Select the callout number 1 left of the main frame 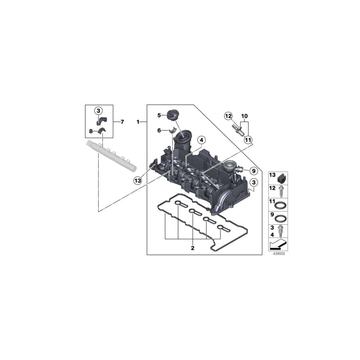click(x=138, y=121)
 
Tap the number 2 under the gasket click(x=192, y=248)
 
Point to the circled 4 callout click(x=201, y=140)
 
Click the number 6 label click(x=159, y=130)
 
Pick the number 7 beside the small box click(x=123, y=121)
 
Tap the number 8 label click(x=90, y=131)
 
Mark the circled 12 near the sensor click(x=228, y=116)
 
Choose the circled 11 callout click(x=248, y=140)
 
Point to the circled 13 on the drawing click(x=138, y=181)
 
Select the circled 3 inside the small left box click(x=98, y=110)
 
